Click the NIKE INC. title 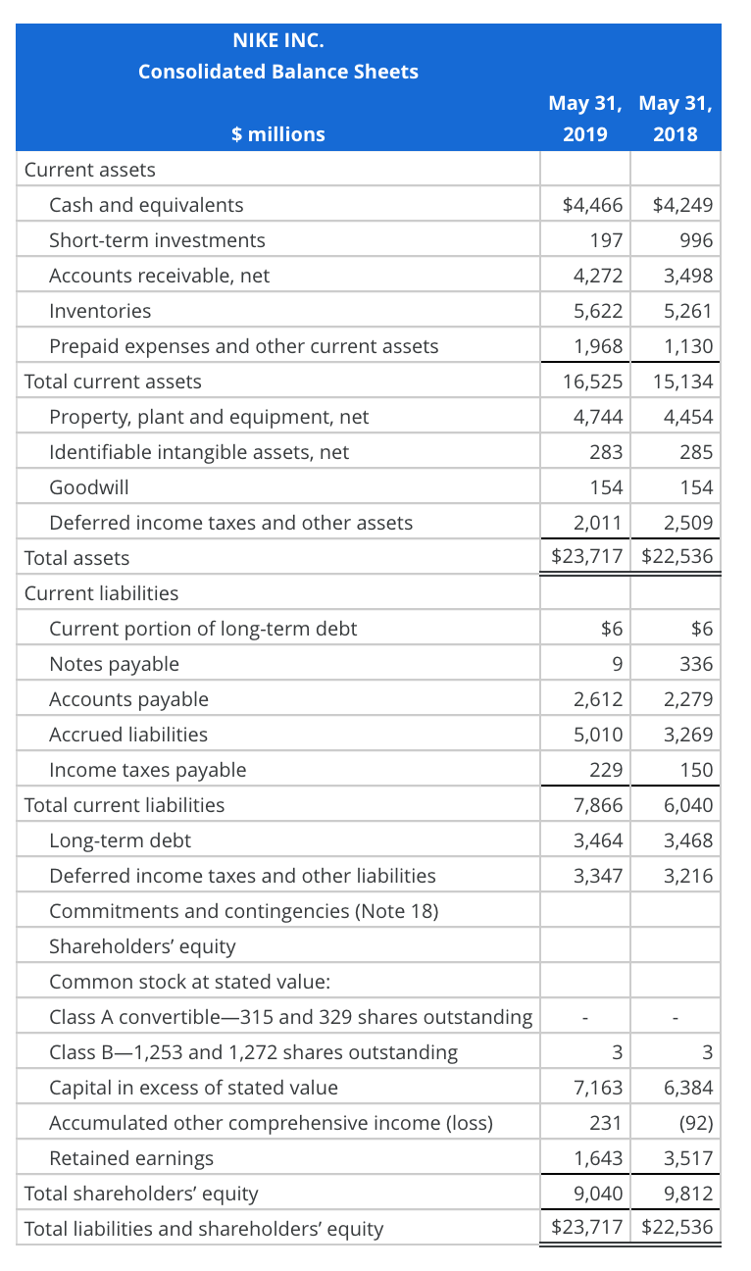tap(278, 40)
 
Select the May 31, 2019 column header tap(584, 118)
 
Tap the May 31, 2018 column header tap(675, 118)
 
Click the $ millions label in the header tap(278, 134)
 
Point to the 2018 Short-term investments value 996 tap(696, 240)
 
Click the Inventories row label tap(100, 311)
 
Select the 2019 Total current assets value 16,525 tap(592, 381)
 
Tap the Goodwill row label tap(88, 487)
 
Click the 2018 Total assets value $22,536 tap(676, 558)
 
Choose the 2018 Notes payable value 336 tap(696, 664)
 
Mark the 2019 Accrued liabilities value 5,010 tap(598, 735)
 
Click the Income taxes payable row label tap(148, 770)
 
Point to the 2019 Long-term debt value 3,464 tap(598, 840)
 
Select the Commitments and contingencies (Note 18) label tap(243, 911)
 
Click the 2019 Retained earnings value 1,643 tap(598, 1158)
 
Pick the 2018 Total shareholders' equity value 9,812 tap(688, 1194)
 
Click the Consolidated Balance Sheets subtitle tap(278, 72)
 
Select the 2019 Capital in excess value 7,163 tap(598, 1088)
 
